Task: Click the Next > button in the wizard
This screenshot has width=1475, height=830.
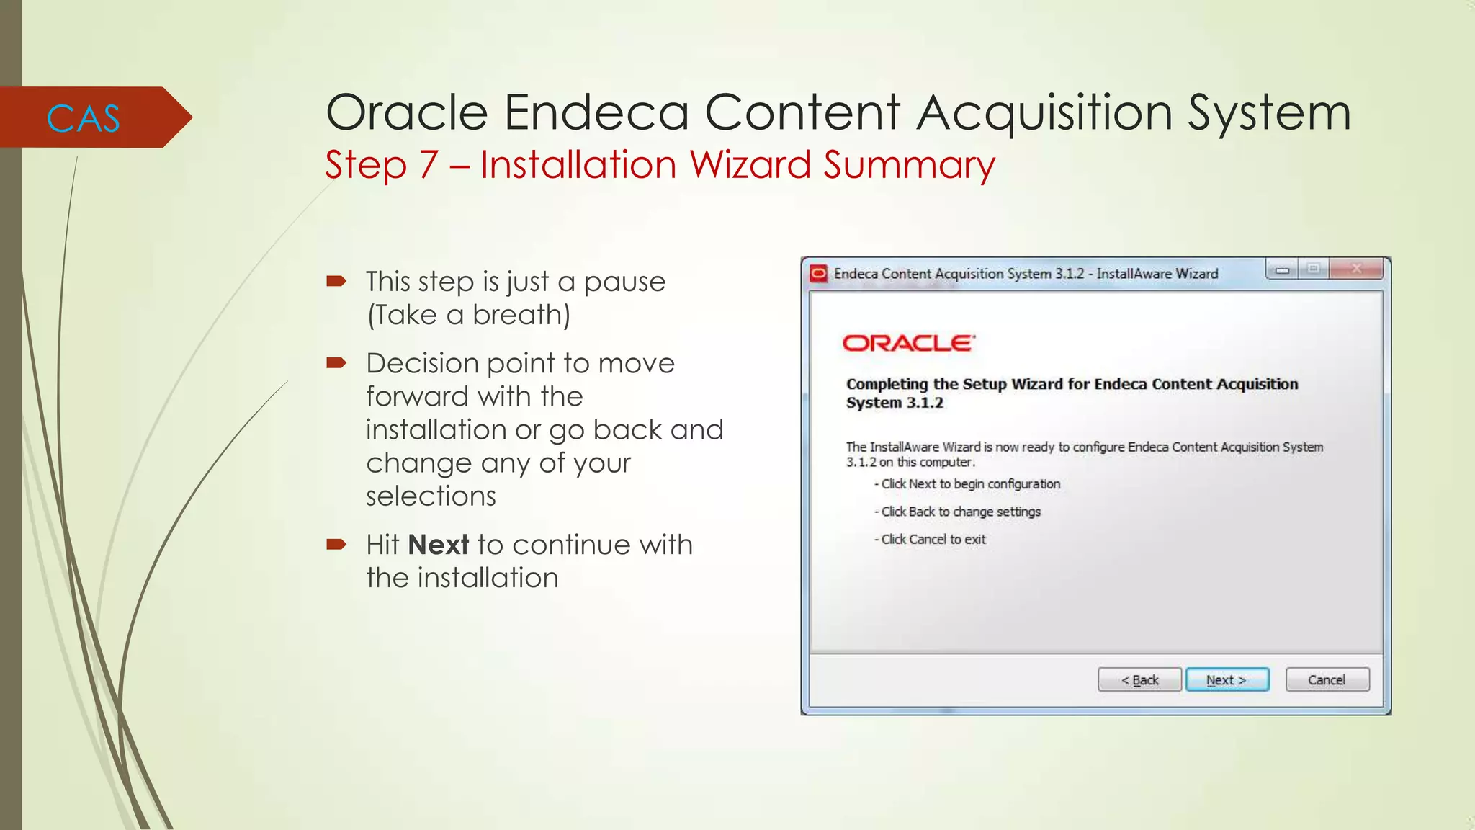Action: click(1227, 679)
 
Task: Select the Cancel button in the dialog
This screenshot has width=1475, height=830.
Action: click(1327, 679)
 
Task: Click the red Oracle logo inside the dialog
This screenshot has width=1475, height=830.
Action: click(908, 343)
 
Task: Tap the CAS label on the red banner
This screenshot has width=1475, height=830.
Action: click(83, 118)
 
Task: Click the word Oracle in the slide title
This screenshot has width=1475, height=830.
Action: click(408, 112)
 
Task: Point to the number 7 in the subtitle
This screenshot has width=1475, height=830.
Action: click(429, 165)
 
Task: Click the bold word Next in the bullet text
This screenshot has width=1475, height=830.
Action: click(439, 545)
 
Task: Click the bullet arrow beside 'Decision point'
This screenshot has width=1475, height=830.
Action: click(336, 362)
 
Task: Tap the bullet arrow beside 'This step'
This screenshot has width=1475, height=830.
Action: click(336, 281)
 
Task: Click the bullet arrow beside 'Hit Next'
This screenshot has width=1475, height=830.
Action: click(336, 544)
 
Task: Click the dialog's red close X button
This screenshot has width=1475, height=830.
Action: click(1356, 269)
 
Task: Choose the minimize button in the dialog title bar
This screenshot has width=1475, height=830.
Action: click(1282, 270)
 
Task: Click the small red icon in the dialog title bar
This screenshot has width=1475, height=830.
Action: click(818, 274)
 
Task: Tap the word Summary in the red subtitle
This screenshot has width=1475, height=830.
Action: click(909, 165)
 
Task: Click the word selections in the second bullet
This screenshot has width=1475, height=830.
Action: click(431, 496)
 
